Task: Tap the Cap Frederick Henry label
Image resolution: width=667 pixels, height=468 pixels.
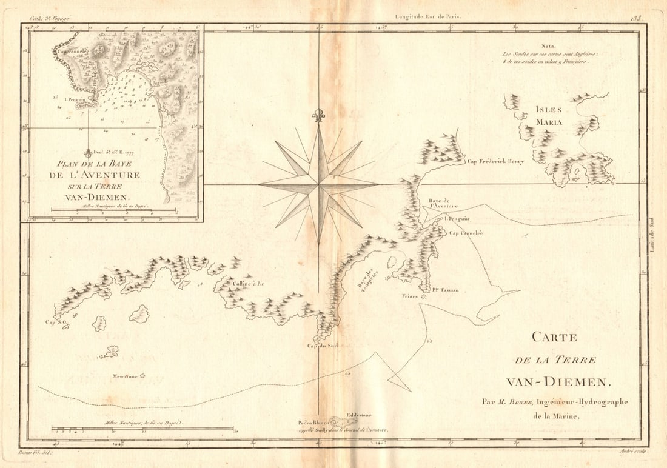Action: pos(495,161)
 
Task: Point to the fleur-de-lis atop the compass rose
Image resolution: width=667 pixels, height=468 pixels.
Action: pos(319,115)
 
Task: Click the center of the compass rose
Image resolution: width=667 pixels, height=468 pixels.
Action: pos(319,184)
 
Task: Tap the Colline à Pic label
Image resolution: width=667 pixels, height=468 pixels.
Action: pos(249,283)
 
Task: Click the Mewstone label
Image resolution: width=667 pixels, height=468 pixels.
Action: pos(125,376)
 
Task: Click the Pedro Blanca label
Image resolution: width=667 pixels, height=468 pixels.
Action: pos(313,422)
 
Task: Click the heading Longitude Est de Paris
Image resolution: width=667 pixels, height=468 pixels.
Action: pos(427,17)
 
